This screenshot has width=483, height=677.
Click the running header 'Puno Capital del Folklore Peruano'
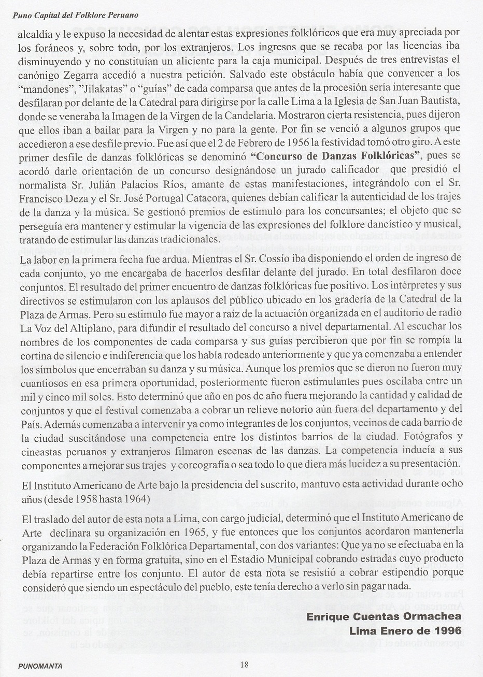75,16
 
